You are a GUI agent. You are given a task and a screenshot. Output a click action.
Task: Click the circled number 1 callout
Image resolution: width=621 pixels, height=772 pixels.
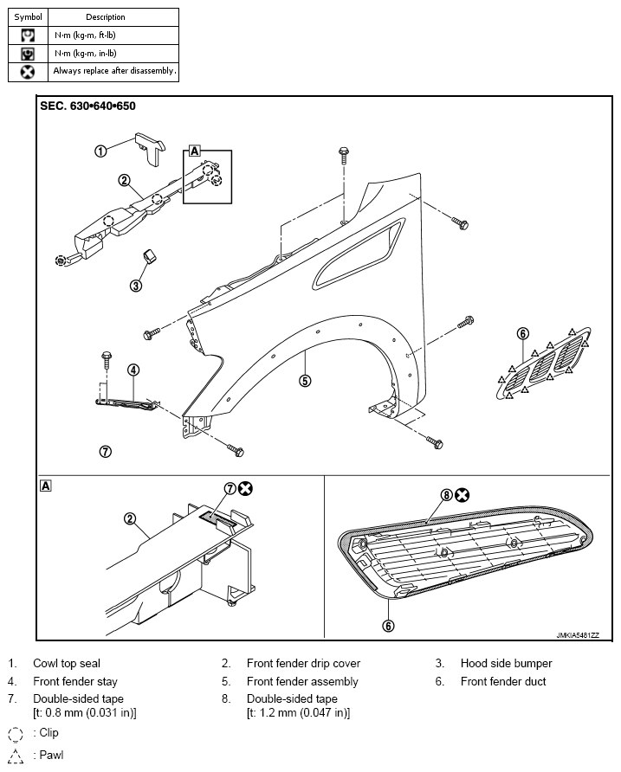click(100, 151)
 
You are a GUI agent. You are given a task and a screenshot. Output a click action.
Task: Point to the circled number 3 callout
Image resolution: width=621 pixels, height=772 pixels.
click(136, 285)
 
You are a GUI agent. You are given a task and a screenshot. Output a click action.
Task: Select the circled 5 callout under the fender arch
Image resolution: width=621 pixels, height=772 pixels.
click(305, 381)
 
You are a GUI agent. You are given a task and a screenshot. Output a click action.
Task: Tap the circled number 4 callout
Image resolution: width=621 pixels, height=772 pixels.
click(133, 370)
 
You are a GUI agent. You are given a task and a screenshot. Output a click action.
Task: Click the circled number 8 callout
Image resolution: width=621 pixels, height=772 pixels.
click(446, 495)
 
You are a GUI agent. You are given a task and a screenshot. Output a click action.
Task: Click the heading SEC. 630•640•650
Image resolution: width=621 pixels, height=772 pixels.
click(87, 106)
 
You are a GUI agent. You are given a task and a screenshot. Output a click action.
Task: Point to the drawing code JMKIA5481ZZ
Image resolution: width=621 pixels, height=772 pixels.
click(578, 635)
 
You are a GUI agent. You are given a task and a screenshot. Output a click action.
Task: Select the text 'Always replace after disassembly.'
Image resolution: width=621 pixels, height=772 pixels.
click(114, 71)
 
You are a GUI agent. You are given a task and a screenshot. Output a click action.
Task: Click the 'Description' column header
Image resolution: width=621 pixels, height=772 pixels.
click(106, 16)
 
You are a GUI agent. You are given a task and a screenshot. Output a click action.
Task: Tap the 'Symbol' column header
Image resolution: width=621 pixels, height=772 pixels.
click(28, 16)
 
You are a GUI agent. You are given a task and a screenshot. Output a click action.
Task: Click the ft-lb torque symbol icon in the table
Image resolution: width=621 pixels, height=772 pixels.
click(28, 35)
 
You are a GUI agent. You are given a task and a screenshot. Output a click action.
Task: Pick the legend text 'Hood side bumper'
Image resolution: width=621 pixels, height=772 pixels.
click(506, 663)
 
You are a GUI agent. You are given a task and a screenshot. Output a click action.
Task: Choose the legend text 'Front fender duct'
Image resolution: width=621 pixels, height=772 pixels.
click(503, 681)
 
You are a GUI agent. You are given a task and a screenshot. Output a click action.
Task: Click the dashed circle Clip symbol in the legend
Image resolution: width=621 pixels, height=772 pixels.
click(16, 735)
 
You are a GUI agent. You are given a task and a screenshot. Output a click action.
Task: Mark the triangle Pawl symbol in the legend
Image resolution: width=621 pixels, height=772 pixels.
click(16, 756)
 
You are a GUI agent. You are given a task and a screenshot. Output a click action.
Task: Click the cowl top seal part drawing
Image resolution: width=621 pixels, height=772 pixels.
click(151, 147)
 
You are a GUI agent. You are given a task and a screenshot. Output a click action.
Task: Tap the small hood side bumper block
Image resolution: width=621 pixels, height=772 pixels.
click(148, 255)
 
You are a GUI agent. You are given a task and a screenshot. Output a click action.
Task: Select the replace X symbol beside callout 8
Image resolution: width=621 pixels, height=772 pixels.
click(462, 495)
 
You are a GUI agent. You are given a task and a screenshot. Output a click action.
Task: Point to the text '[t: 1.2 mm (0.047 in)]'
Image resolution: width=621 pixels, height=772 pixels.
click(298, 712)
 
